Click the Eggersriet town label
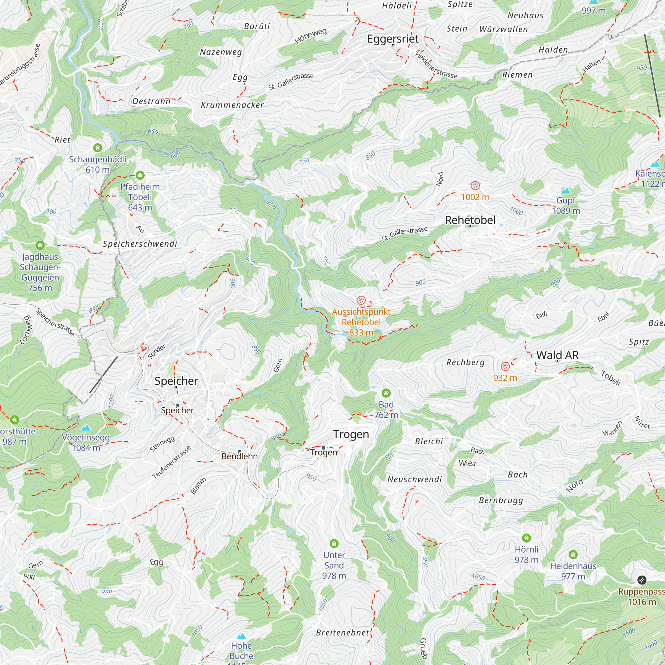click(393, 39)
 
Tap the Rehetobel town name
click(470, 220)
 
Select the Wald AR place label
click(557, 355)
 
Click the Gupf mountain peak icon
click(566, 190)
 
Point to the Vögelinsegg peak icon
click(86, 428)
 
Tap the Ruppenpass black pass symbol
click(642, 580)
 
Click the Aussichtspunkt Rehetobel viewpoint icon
click(361, 300)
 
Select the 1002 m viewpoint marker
click(475, 186)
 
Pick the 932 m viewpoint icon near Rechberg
click(505, 366)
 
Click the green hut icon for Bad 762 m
click(386, 393)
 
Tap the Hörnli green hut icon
click(526, 538)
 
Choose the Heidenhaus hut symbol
click(573, 554)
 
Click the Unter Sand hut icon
click(334, 543)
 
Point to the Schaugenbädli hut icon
click(97, 148)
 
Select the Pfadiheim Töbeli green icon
click(140, 175)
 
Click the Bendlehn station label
click(239, 456)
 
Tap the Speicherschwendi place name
click(140, 244)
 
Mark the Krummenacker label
click(232, 105)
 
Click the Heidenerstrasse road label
click(436, 65)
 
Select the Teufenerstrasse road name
click(171, 462)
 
